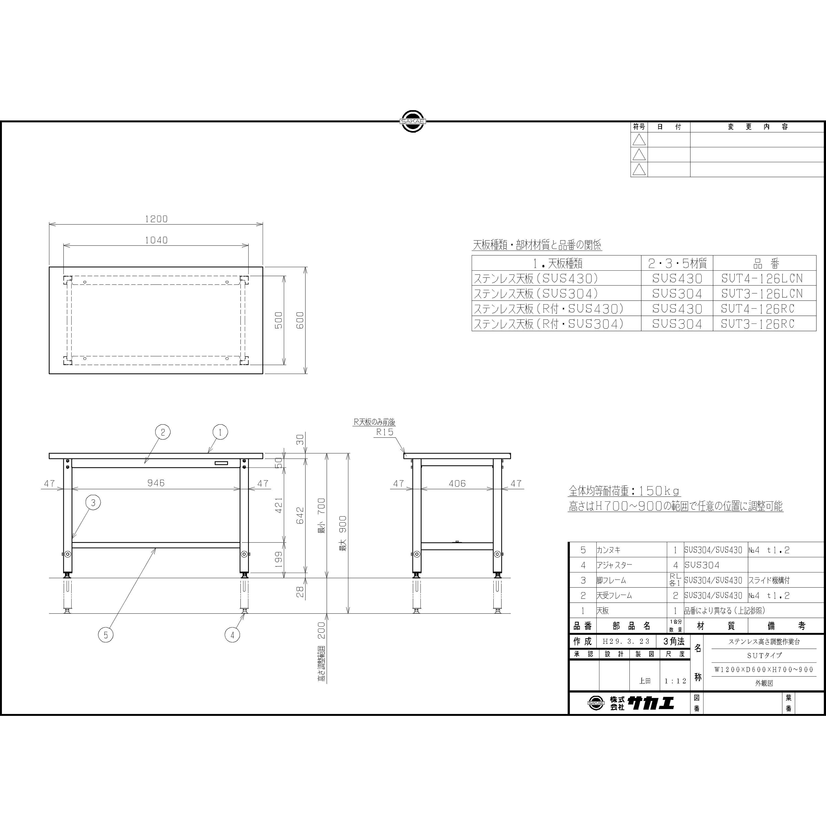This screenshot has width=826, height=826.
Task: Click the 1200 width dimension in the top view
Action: click(x=156, y=219)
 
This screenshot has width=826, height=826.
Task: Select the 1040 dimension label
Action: click(x=156, y=240)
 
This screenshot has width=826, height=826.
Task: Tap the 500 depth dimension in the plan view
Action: click(x=278, y=320)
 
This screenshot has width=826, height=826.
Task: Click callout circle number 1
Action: click(x=220, y=432)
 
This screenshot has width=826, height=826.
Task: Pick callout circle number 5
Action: click(x=106, y=635)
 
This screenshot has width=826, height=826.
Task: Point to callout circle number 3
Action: click(x=94, y=503)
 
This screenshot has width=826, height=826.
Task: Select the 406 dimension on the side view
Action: click(x=457, y=483)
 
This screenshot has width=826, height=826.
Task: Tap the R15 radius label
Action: click(x=384, y=432)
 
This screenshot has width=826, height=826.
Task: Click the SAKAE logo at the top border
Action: click(x=412, y=121)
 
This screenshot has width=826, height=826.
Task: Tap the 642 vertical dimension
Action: click(x=300, y=516)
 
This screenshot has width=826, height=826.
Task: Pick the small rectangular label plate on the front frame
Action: click(x=221, y=463)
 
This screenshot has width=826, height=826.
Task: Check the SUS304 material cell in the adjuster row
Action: click(x=702, y=565)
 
